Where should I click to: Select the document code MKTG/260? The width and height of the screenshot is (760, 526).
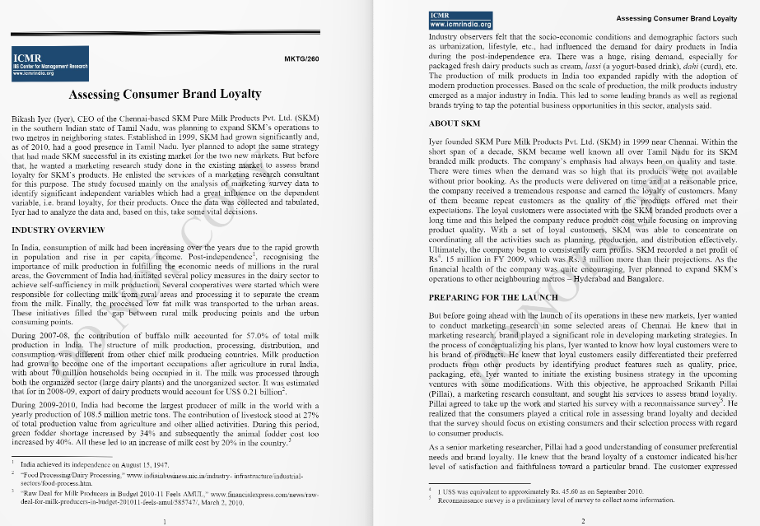pos(301,60)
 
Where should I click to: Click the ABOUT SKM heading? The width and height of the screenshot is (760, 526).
pos(455,123)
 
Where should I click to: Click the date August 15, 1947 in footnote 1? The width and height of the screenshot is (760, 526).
pos(124,465)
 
